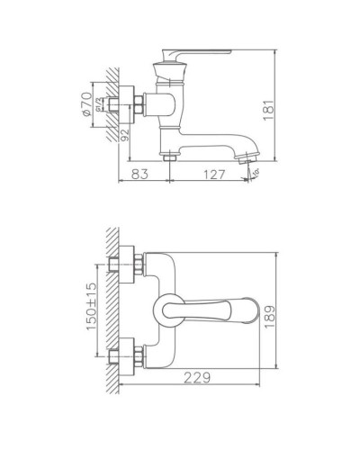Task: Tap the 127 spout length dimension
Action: point(210,175)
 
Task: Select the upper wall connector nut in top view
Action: point(124,265)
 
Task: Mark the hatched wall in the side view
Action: point(112,99)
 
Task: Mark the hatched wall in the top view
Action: point(112,310)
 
